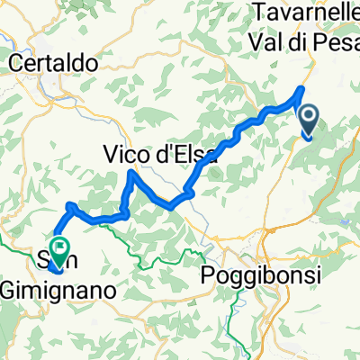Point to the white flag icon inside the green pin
60,243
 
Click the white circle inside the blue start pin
309,116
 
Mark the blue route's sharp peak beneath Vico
133,172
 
